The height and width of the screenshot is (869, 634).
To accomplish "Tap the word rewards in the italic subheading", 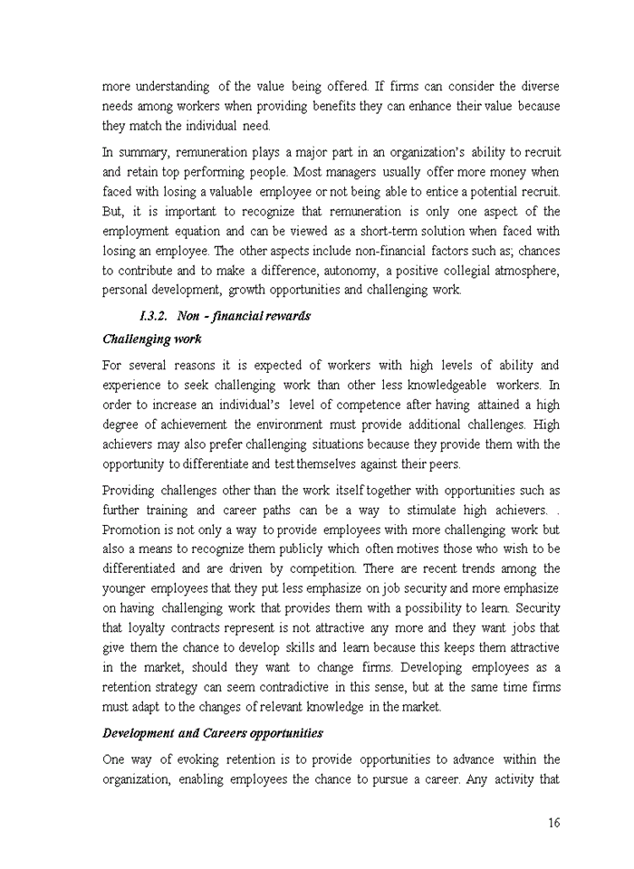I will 283,316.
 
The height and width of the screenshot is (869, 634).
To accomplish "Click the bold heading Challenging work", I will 151,339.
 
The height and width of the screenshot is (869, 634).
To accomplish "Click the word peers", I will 442,464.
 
